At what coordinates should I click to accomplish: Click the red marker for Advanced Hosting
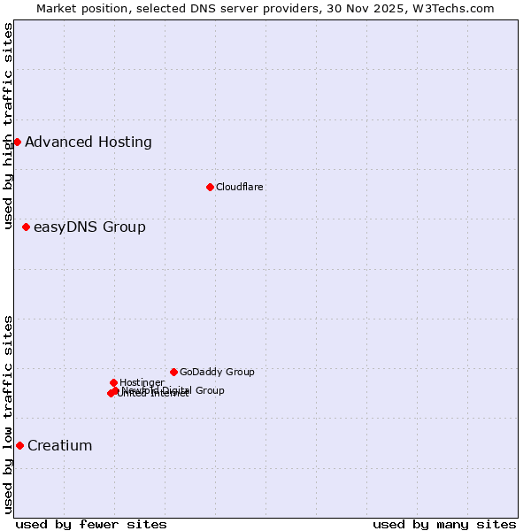pos(17,142)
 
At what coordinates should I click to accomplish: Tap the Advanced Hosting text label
pos(88,142)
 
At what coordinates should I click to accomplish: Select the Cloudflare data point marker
pos(210,187)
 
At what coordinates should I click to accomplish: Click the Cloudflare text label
pos(240,187)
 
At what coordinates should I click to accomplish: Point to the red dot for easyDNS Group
pos(26,227)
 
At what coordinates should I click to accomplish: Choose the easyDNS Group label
pos(89,227)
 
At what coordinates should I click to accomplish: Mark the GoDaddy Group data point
pos(173,372)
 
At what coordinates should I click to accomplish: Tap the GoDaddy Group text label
pos(217,372)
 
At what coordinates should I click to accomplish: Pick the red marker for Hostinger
pos(113,382)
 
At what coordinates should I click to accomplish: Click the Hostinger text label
pos(142,382)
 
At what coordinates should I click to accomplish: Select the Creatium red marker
pos(19,445)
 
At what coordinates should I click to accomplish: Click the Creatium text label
pos(60,445)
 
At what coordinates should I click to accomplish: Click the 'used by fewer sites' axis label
pos(91,524)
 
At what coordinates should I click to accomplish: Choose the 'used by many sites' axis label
pos(444,524)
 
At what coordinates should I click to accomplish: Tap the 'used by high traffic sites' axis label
pos(9,126)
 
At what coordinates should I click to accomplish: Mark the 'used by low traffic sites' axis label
pos(9,414)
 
